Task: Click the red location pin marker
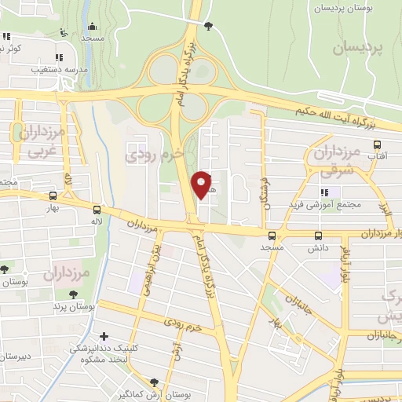203,185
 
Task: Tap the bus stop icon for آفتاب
378,145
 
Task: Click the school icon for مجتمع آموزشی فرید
323,193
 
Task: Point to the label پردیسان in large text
359,49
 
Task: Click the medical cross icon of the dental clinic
104,337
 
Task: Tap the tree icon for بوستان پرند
73,294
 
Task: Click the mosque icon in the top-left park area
93,26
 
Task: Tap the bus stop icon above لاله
97,210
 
